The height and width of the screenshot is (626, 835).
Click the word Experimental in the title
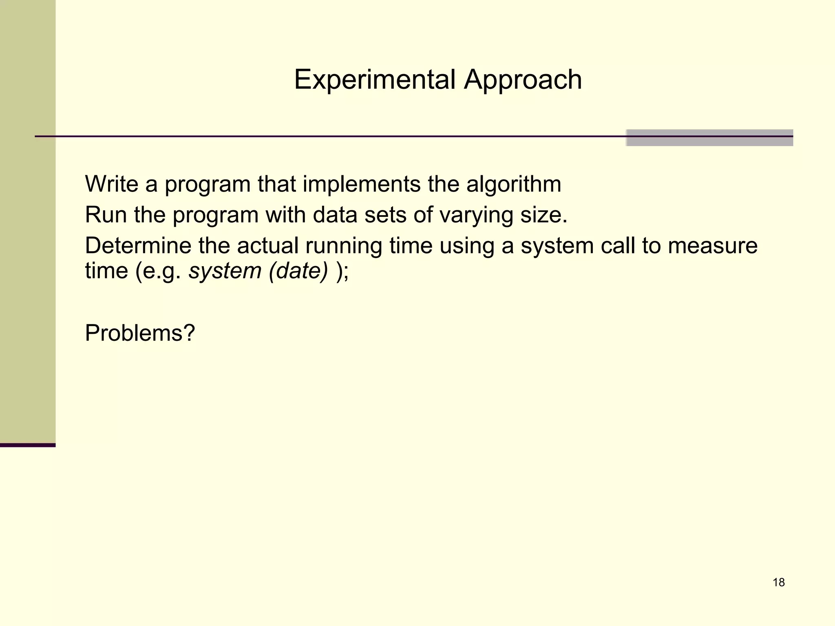pos(374,79)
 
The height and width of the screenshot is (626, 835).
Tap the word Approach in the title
pos(523,79)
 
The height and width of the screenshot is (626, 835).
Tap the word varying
pos(476,215)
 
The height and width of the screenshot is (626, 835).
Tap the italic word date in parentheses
pos(301,271)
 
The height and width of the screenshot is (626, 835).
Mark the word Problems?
pos(140,333)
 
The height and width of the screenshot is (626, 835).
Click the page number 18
pos(778,582)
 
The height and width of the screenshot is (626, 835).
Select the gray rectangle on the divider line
pos(709,138)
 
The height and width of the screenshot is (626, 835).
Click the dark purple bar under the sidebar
pos(28,445)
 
